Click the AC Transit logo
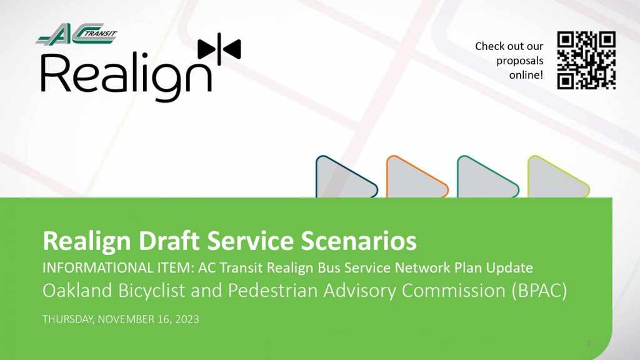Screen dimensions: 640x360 pyautogui.click(x=77, y=34)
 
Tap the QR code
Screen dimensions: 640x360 pyautogui.click(x=586, y=61)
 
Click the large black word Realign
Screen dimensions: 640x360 pyautogui.click(x=126, y=76)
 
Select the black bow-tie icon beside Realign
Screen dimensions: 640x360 pyautogui.click(x=219, y=49)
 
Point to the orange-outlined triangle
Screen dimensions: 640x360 pyautogui.click(x=416, y=177)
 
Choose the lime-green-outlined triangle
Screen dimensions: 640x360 pyautogui.click(x=557, y=177)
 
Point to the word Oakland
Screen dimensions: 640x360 pyautogui.click(x=77, y=290)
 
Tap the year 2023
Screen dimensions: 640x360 pyautogui.click(x=187, y=319)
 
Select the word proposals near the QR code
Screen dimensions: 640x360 pyautogui.click(x=519, y=61)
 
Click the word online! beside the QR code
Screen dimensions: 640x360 pyautogui.click(x=526, y=75)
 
